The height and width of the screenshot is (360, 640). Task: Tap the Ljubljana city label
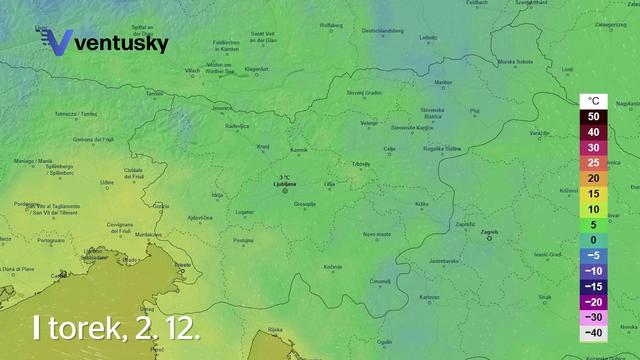pos(285,185)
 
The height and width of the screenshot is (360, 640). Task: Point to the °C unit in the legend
pos(593,101)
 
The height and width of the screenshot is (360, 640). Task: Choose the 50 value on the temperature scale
pos(593,116)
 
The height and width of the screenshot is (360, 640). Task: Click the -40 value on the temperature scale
pos(593,332)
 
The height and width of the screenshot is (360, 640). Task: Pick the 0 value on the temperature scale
pos(593,239)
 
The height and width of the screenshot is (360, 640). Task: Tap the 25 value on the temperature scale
pos(593,162)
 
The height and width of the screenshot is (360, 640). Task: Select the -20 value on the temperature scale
pos(593,301)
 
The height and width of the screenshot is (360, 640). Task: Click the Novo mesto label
pos(376,233)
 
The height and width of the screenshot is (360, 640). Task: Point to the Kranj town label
pos(264,146)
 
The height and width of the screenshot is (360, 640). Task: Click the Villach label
pos(193,70)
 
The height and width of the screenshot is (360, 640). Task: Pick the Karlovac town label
pos(429,297)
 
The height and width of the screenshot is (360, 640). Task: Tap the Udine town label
pos(107,182)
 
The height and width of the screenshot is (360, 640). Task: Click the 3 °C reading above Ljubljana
pos(285,177)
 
